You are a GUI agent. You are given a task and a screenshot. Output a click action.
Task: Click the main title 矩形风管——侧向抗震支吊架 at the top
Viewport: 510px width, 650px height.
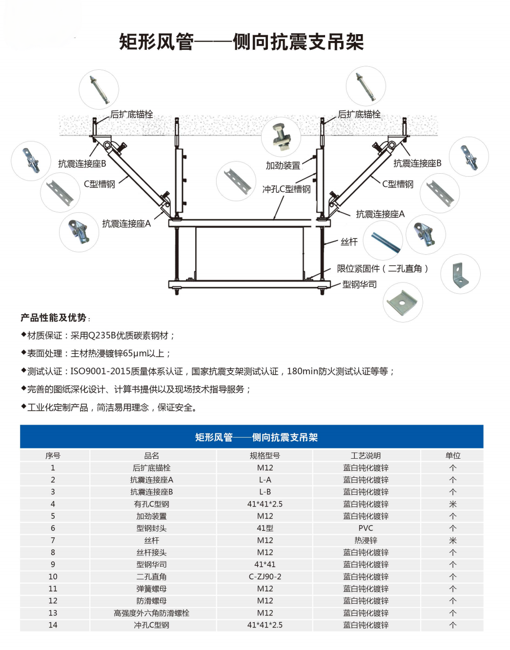242,42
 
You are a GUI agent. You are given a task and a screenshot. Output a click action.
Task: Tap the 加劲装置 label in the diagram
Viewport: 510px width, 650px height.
283,165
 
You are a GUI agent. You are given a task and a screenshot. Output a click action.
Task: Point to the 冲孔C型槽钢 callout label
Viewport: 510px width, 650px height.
286,189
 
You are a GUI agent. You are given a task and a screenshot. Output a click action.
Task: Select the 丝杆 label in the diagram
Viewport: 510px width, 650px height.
349,242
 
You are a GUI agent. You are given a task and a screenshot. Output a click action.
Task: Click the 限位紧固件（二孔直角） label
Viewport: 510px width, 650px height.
383,268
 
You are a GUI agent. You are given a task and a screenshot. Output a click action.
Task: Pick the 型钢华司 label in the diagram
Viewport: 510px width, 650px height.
359,284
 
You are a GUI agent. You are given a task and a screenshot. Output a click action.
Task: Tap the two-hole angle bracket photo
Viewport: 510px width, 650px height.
460,274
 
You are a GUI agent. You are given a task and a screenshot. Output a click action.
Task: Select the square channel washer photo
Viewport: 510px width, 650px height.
402,303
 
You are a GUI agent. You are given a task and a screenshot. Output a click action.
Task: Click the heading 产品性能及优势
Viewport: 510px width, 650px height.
54,318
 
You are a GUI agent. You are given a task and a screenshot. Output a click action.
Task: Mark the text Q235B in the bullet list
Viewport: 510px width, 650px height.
102,335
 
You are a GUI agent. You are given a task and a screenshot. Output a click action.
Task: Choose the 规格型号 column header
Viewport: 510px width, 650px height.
265,455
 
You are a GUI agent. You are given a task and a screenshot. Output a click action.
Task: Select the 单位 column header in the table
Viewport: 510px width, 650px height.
452,455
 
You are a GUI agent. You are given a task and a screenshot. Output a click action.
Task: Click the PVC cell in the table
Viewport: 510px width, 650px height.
366,528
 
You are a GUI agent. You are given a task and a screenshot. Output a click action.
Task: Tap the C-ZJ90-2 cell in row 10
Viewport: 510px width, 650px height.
265,576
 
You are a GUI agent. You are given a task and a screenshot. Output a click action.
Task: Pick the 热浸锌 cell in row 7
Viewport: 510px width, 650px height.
366,540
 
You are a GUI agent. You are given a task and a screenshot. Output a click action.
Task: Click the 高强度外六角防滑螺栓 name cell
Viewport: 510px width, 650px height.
151,613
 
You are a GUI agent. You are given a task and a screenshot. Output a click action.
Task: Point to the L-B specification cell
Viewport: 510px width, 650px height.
265,492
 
